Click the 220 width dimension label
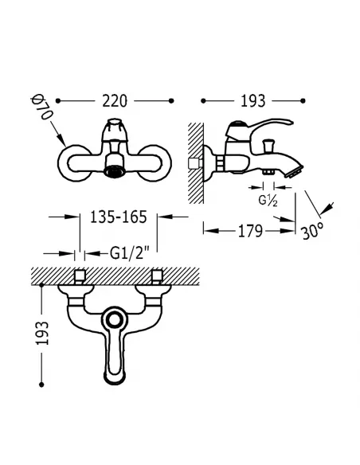115,101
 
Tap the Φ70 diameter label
41,107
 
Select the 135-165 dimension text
119,217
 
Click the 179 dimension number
251,231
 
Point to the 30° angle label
312,231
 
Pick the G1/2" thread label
129,253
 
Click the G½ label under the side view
268,201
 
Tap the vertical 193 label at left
41,333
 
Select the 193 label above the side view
252,101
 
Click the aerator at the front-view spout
112,172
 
